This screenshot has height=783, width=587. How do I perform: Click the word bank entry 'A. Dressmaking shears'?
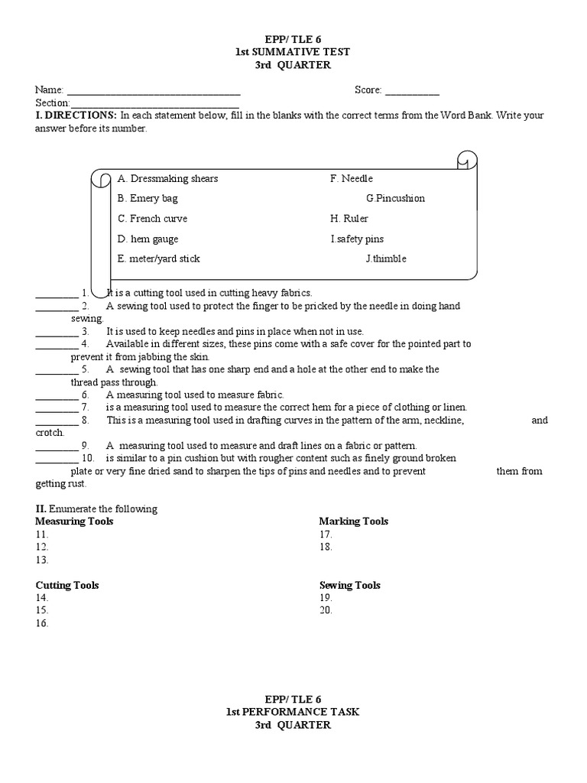tap(167, 179)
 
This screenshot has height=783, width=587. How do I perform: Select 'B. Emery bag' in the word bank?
tap(148, 199)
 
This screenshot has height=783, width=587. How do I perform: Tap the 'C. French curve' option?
tap(152, 219)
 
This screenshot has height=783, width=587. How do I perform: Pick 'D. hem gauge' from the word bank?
tap(148, 239)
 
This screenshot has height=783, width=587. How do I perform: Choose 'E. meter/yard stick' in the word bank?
tap(158, 258)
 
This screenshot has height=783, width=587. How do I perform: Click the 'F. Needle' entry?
tap(351, 179)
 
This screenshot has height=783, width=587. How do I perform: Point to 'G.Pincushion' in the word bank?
tap(395, 199)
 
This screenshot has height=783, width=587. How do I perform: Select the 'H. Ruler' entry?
tap(349, 219)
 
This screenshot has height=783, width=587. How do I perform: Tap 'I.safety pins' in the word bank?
tap(357, 239)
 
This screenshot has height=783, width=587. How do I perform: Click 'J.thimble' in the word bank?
tap(386, 258)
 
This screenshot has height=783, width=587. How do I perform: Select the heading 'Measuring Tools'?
tap(74, 521)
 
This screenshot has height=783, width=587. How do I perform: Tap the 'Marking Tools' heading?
tap(353, 521)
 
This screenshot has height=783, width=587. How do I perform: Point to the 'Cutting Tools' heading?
tap(67, 586)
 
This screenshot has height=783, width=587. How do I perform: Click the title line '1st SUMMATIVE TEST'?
tap(293, 51)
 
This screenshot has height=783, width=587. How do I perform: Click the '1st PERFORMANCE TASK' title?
tap(293, 712)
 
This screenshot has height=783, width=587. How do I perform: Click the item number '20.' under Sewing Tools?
tap(326, 611)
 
